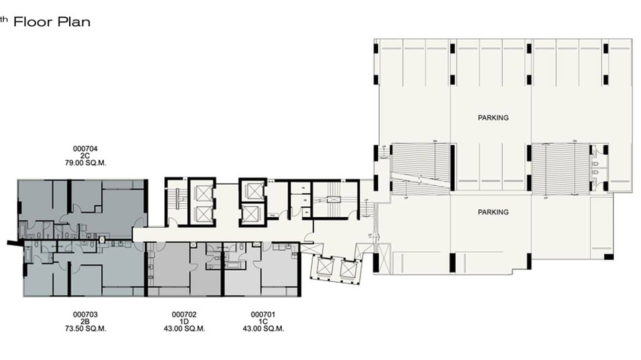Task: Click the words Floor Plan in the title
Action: pos(52,22)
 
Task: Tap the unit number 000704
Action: pos(85,148)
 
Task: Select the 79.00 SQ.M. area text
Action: pos(85,163)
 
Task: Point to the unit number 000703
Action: pos(85,314)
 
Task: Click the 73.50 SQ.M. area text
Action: pos(85,328)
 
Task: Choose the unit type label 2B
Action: pos(85,321)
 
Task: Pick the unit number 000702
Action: pos(184,314)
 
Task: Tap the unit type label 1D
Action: pos(184,321)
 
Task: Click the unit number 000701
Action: pos(263,314)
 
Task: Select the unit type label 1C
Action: pos(263,321)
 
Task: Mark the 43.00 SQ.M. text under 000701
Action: pos(263,328)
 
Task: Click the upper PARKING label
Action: pos(493,117)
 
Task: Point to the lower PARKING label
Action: pos(493,212)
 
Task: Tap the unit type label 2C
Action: pos(85,156)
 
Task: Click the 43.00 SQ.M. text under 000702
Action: pos(184,328)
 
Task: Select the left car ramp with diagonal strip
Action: pos(420,167)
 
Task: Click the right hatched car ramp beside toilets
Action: pos(559,167)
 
